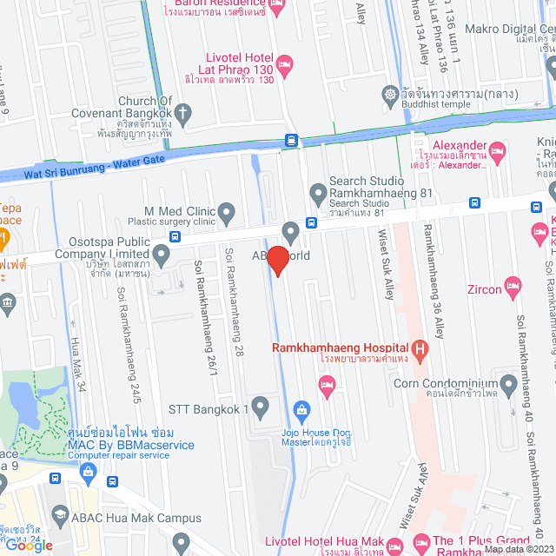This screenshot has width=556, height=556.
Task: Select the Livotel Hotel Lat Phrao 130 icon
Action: (x=285, y=63)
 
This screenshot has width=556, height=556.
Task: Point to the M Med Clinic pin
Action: (x=227, y=210)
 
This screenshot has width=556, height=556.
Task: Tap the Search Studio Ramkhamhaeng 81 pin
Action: (x=317, y=192)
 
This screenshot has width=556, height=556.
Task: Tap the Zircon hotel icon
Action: (x=513, y=285)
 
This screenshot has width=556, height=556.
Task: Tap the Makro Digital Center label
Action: (x=521, y=28)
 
